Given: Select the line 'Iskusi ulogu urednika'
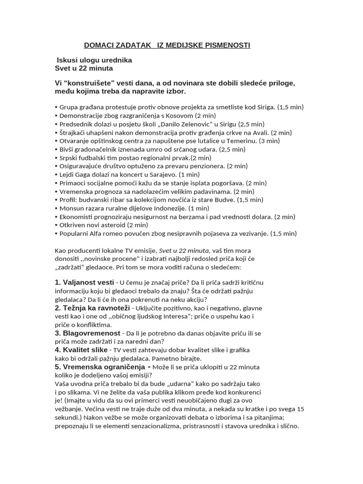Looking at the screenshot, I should [94, 60].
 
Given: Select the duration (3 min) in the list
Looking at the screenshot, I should [269, 141].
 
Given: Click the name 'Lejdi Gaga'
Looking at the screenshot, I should [76, 175].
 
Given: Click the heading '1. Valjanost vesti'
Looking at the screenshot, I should [84, 283].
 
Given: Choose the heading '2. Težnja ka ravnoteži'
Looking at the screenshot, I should [91, 308].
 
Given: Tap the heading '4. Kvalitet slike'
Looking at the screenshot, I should [81, 350].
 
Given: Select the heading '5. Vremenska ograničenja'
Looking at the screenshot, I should [103, 367].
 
